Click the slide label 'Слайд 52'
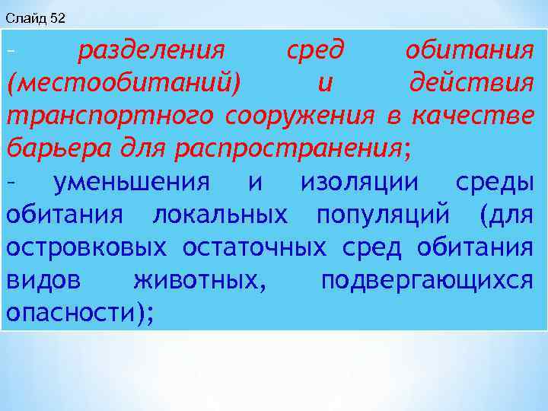point(35,17)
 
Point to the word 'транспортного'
point(111,116)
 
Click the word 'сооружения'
point(300,116)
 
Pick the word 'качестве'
point(472,116)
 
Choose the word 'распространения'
point(289,149)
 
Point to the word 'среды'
point(494,183)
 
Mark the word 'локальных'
point(221,215)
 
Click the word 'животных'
point(199,282)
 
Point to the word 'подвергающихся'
point(427,282)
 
